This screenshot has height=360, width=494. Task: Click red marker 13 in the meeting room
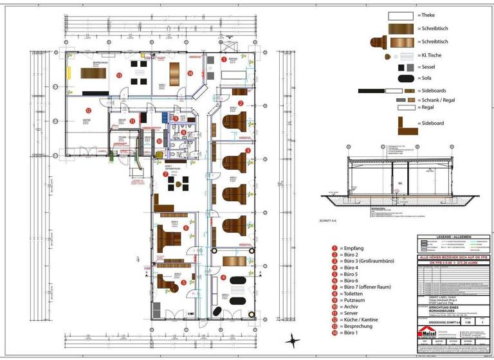point(120,75)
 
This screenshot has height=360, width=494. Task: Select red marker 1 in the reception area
point(224,59)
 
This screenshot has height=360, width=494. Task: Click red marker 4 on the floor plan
point(223,278)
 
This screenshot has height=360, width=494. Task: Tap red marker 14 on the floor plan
point(190,73)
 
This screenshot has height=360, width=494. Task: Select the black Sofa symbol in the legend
point(406,79)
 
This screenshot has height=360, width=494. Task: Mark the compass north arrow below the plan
point(293,339)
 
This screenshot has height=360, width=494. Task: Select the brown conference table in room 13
point(92,72)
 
